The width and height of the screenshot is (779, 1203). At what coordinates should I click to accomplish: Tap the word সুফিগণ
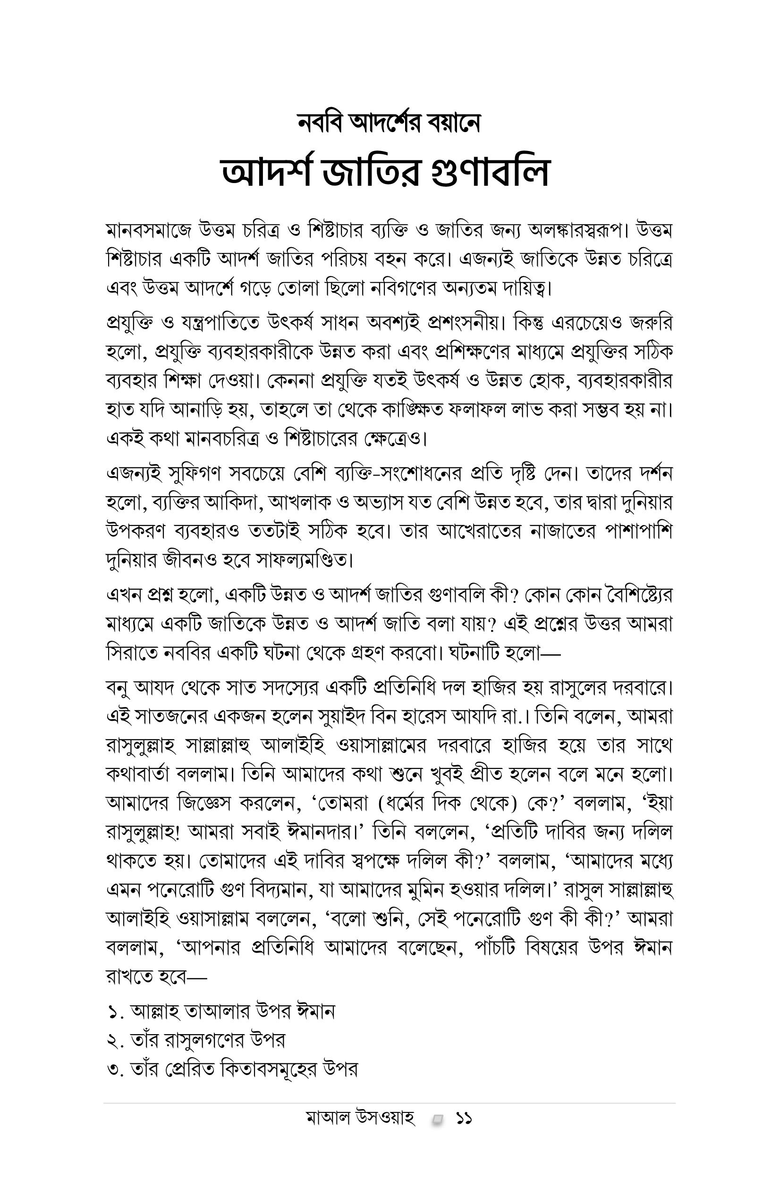[188, 474]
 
